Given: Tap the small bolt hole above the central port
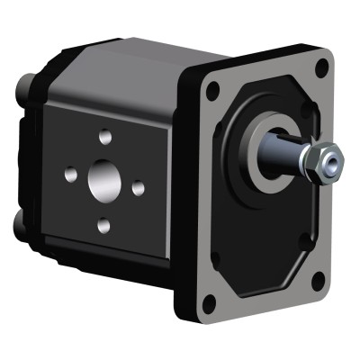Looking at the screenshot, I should [x=105, y=136].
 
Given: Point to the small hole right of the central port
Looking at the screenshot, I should [x=138, y=188].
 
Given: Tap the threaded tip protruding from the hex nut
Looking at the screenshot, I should [x=333, y=163].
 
